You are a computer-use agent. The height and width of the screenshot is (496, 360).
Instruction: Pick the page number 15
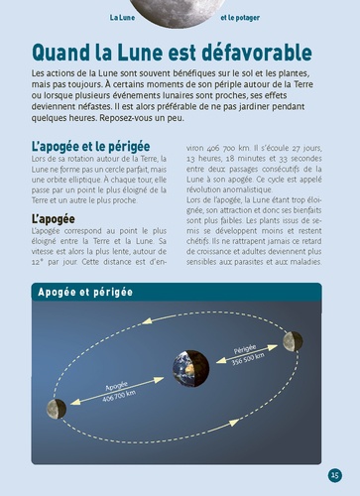click(x=335, y=474)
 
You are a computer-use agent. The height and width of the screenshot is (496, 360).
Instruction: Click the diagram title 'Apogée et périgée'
click(x=85, y=294)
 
